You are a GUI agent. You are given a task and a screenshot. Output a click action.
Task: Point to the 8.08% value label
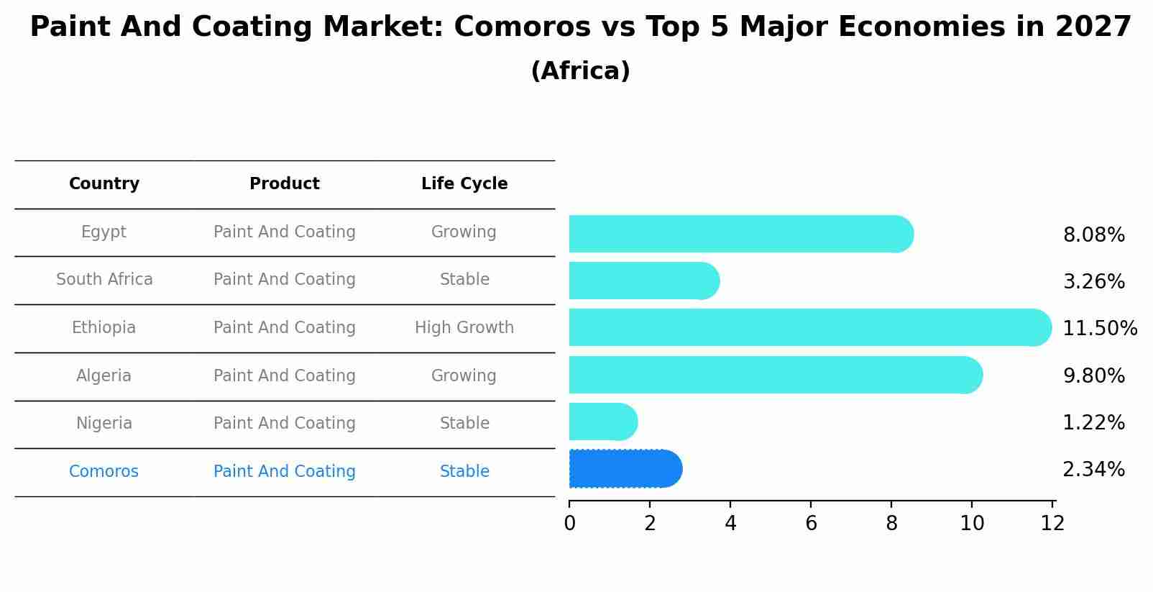tap(1093, 235)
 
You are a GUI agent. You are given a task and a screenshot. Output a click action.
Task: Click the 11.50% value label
tap(1099, 329)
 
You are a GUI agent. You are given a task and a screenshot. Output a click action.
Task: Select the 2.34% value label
tap(1093, 470)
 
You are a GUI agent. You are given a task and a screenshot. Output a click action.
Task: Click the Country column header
tap(104, 184)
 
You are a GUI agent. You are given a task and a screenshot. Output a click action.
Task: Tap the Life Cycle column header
tap(464, 184)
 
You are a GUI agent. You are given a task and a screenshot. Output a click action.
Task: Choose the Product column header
tap(285, 184)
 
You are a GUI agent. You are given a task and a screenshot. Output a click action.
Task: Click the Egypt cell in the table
tap(104, 232)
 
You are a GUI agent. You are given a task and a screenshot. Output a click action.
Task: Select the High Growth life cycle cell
tap(464, 328)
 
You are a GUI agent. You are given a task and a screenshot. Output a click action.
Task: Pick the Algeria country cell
tap(104, 376)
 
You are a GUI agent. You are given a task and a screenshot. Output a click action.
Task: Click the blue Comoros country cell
tap(104, 472)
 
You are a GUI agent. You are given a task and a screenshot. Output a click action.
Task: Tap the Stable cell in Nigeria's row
tap(464, 424)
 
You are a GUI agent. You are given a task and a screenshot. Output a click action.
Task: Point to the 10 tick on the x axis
tap(972, 523)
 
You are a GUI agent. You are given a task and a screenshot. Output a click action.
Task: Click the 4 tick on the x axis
tap(730, 523)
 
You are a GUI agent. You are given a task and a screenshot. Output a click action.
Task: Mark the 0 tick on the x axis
tap(569, 523)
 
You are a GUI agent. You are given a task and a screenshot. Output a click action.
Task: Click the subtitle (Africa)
tap(580, 71)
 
